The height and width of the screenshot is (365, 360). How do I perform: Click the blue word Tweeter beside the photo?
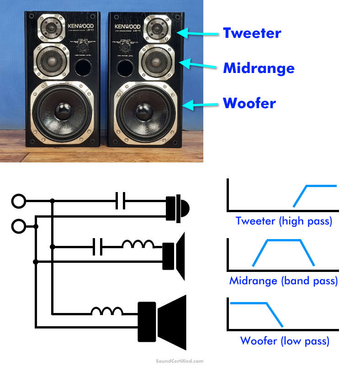click(252, 33)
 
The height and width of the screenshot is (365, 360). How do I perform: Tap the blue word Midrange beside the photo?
click(259, 68)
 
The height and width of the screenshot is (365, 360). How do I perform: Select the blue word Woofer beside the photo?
click(249, 103)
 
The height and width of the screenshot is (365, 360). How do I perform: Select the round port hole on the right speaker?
click(126, 68)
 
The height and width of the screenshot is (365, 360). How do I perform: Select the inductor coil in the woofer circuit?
click(107, 313)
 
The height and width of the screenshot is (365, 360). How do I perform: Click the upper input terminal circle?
click(18, 200)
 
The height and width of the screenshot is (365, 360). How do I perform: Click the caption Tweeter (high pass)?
click(284, 222)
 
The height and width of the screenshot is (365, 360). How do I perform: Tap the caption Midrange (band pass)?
click(283, 281)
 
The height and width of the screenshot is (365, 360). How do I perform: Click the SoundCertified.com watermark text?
click(180, 360)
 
